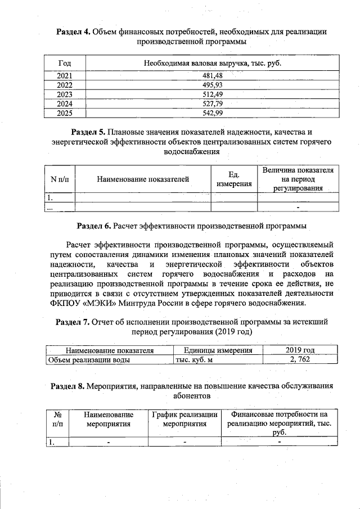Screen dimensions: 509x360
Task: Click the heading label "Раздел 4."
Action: [74, 31]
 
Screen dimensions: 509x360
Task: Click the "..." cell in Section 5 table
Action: [50, 208]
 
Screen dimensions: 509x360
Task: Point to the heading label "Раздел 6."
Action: [94, 226]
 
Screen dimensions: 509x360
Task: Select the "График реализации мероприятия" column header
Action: [184, 419]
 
